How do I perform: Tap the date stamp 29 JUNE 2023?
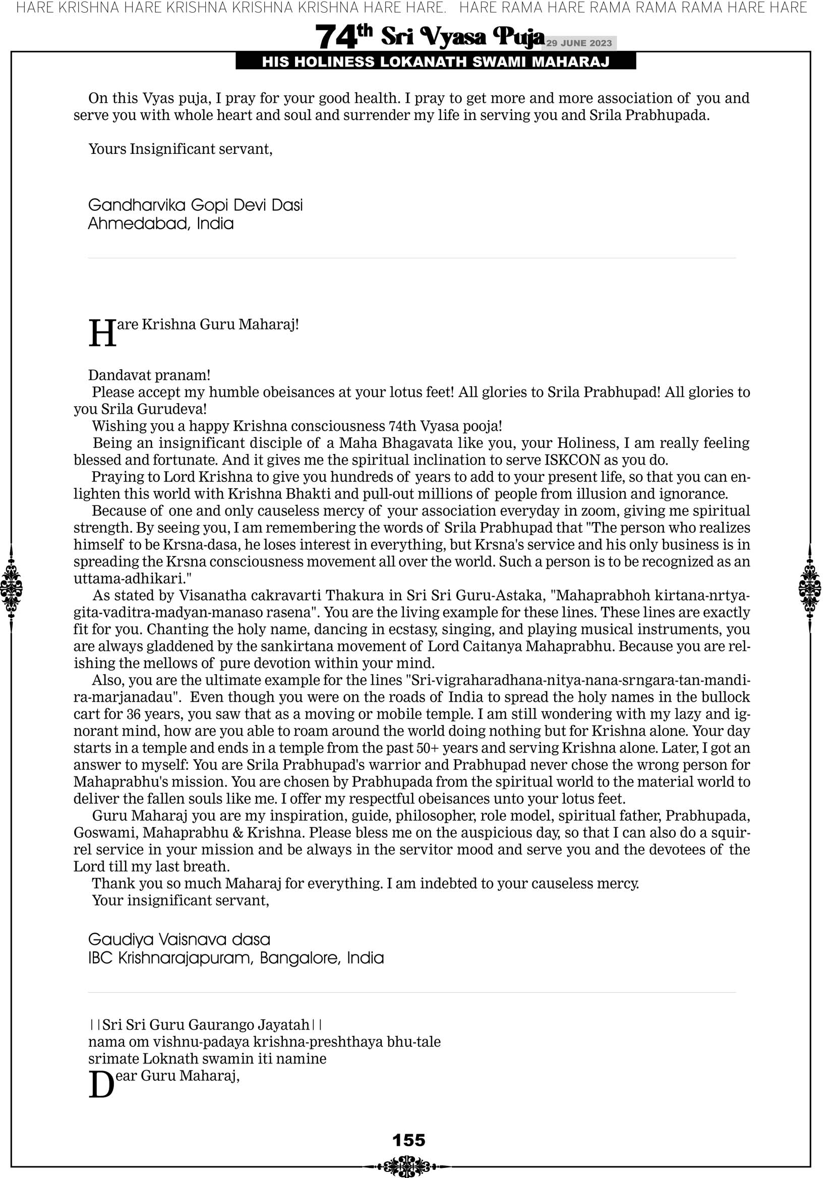578,43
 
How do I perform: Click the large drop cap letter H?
102,333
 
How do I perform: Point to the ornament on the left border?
11,588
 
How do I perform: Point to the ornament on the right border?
810,588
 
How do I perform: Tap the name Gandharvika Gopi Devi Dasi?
196,205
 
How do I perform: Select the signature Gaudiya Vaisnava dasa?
179,939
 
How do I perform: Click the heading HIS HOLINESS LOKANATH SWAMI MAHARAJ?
436,62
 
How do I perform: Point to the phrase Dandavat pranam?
149,375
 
